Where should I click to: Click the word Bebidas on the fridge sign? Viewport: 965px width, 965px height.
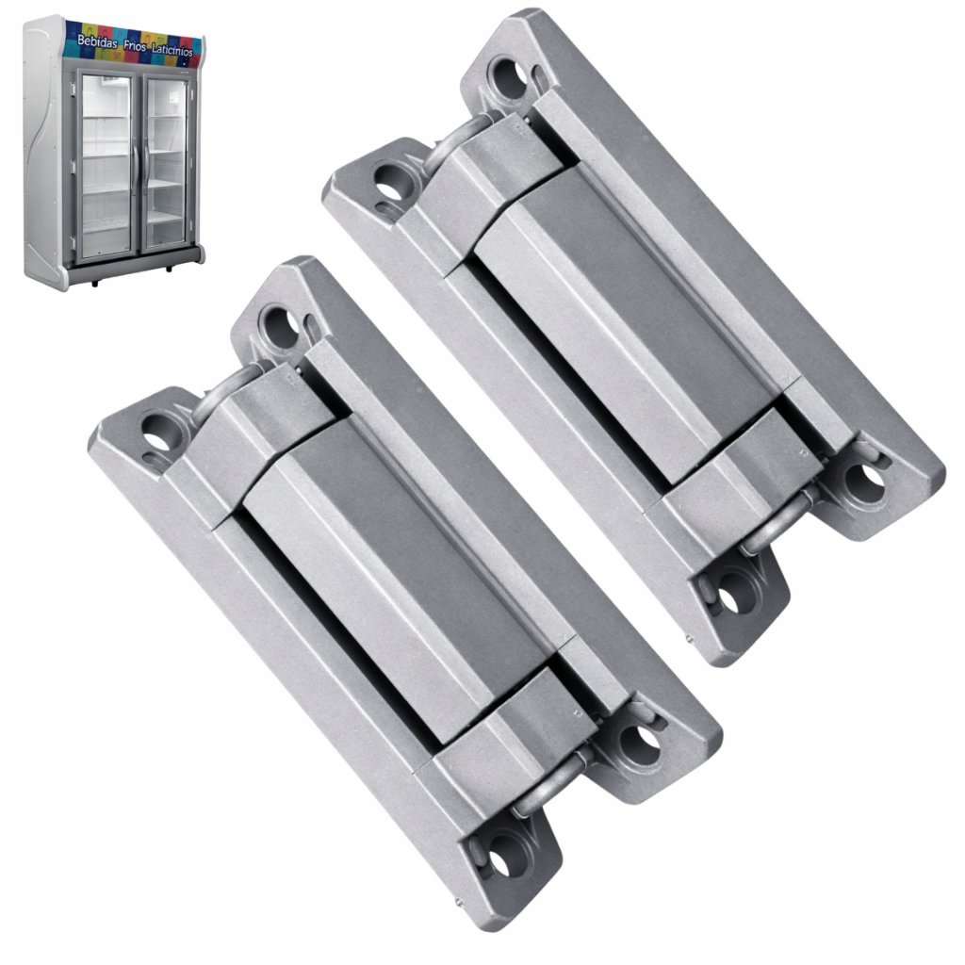[x=97, y=41]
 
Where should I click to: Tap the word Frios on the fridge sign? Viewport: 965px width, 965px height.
[x=135, y=46]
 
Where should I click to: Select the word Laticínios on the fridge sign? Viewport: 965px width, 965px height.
[x=172, y=50]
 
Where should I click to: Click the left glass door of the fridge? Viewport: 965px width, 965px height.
[x=106, y=165]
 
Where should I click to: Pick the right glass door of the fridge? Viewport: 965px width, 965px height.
[x=166, y=165]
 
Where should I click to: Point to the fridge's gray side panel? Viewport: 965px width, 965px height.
[x=44, y=154]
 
